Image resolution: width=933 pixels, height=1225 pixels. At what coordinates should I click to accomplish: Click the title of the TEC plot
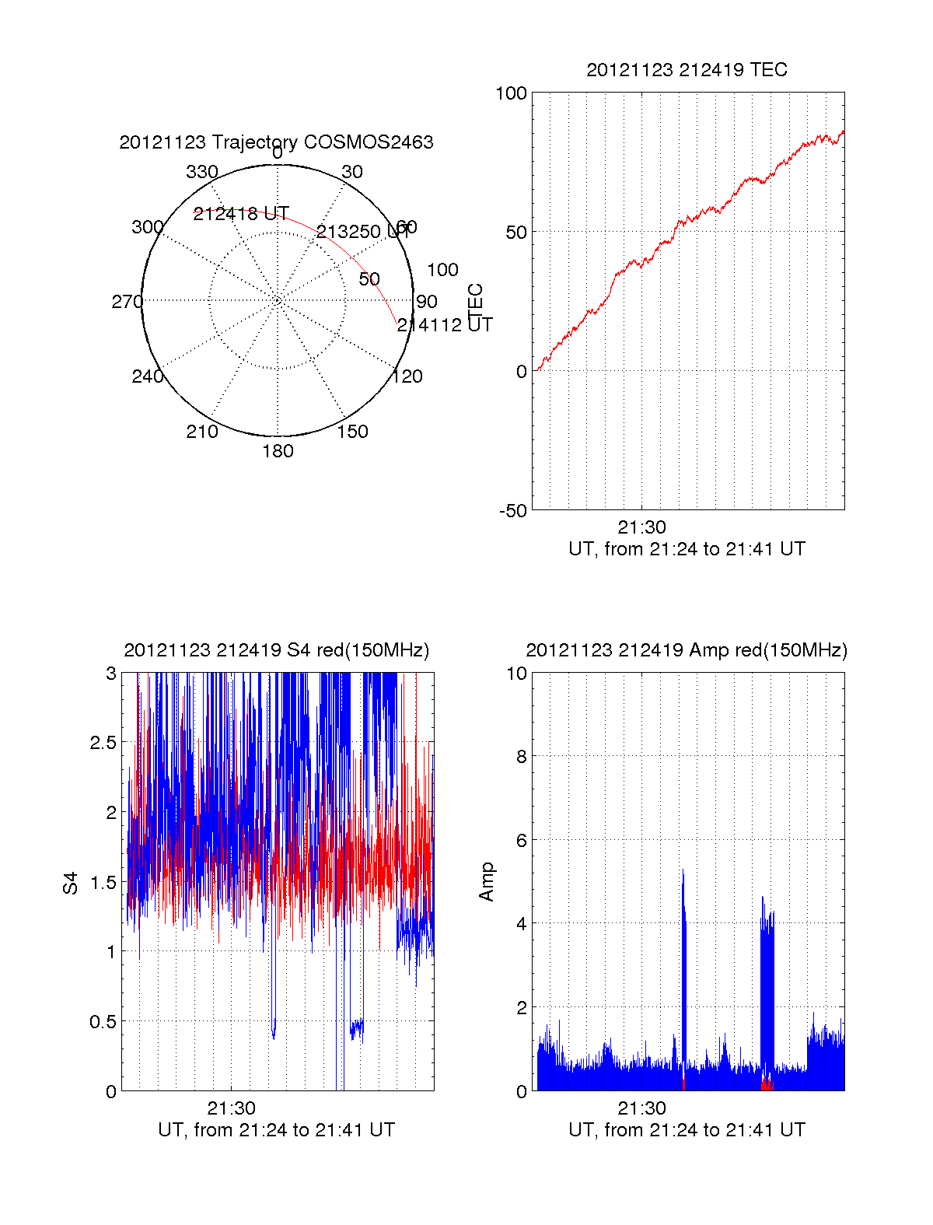coord(687,70)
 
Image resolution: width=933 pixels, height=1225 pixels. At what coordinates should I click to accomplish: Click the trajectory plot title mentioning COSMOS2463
coord(276,142)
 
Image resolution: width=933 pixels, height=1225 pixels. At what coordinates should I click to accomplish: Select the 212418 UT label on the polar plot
coord(241,214)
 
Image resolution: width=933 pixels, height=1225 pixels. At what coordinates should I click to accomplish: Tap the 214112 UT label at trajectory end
coord(445,325)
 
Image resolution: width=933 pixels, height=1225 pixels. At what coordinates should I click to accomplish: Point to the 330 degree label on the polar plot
coord(202,172)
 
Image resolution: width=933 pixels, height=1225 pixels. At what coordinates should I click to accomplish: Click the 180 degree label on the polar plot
coord(278,451)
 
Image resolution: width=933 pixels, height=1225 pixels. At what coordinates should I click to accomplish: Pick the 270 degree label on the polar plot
coord(127,302)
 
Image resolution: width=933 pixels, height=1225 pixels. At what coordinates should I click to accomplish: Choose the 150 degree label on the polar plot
coord(352,432)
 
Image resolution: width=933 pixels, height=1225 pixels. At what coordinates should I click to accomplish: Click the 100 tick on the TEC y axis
coord(511,93)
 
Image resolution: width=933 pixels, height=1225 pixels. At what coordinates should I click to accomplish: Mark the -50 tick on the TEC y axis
coord(513,511)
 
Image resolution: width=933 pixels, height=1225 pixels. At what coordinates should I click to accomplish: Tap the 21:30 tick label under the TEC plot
coord(641,527)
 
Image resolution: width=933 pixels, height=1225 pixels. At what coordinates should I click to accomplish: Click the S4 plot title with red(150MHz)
coord(276,650)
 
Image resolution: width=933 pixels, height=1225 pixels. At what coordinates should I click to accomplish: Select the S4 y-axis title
coord(71,883)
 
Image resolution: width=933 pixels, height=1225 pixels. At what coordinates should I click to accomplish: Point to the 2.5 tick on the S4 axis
coord(103,743)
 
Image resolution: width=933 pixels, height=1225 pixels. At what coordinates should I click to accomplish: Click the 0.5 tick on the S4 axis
coord(103,1021)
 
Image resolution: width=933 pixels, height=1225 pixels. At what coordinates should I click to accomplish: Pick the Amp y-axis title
coord(487,882)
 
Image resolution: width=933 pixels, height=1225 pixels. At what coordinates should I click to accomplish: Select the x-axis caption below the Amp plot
coord(687,1130)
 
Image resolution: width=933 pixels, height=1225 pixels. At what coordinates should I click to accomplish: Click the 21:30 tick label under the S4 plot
coord(231,1108)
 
